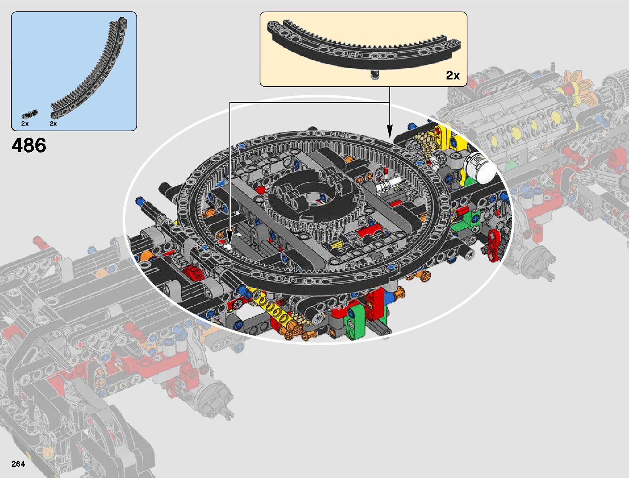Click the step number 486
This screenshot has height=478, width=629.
click(29, 145)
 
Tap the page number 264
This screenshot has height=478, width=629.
click(18, 464)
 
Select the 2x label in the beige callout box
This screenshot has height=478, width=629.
click(453, 75)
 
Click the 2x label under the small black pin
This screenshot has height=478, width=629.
click(25, 124)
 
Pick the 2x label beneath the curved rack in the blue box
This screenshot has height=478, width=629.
click(53, 124)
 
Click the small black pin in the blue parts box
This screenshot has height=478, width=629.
click(30, 114)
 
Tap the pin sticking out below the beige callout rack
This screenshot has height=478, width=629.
click(375, 74)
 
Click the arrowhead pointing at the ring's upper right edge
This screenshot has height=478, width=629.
click(389, 132)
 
